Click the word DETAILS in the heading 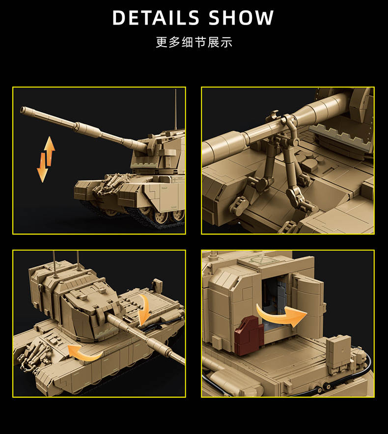(x=156, y=18)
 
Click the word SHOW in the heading (x=241, y=18)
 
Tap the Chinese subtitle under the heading (x=194, y=42)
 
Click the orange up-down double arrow (x=46, y=159)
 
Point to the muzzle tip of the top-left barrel (x=22, y=109)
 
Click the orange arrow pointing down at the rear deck (x=144, y=310)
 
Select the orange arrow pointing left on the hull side (x=84, y=353)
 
